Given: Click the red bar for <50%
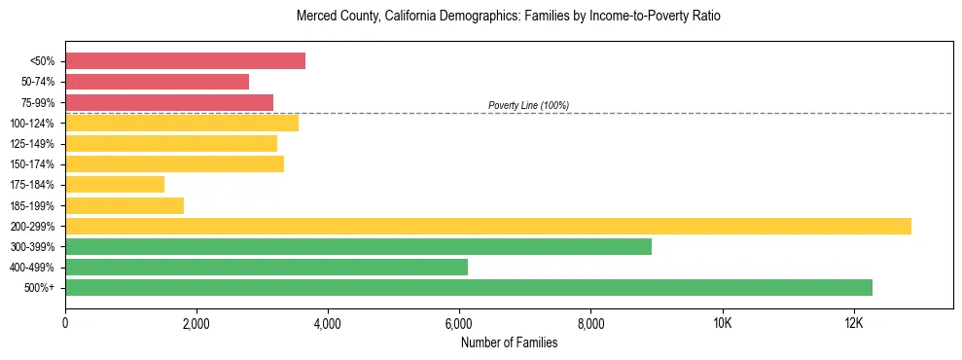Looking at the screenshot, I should (x=185, y=60).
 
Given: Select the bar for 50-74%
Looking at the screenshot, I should (x=157, y=82).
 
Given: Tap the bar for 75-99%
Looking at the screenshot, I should (x=169, y=102).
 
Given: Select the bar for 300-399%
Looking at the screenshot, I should (x=358, y=246).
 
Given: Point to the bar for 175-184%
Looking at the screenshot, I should (x=115, y=185).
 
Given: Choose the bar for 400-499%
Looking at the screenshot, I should (x=267, y=267).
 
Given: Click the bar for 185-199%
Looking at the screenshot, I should (x=125, y=205).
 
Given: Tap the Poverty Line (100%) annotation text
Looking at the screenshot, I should (x=528, y=105).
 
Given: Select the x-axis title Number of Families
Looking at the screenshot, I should (x=509, y=342).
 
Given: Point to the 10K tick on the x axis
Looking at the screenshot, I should (x=723, y=323).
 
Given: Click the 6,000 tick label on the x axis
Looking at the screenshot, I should (x=459, y=323).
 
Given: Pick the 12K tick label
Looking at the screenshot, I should (x=854, y=323).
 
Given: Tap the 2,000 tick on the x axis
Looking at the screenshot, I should (x=196, y=323).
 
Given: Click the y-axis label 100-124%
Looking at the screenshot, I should (x=33, y=124).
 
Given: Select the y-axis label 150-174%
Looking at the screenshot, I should (x=33, y=164).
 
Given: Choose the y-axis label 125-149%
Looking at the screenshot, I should (x=33, y=144).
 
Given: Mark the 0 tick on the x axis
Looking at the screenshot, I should (x=65, y=323).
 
